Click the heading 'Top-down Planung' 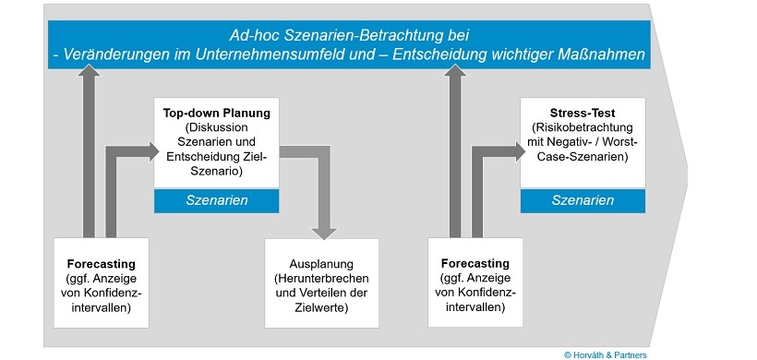(x=217, y=113)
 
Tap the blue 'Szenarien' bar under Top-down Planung (x=216, y=200)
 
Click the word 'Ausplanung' (x=322, y=262)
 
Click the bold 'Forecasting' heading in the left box (x=101, y=263)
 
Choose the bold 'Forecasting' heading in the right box (x=475, y=263)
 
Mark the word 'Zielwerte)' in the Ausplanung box (x=322, y=306)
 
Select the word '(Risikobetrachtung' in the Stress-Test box (x=581, y=128)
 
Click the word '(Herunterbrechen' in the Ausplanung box (x=322, y=277)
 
